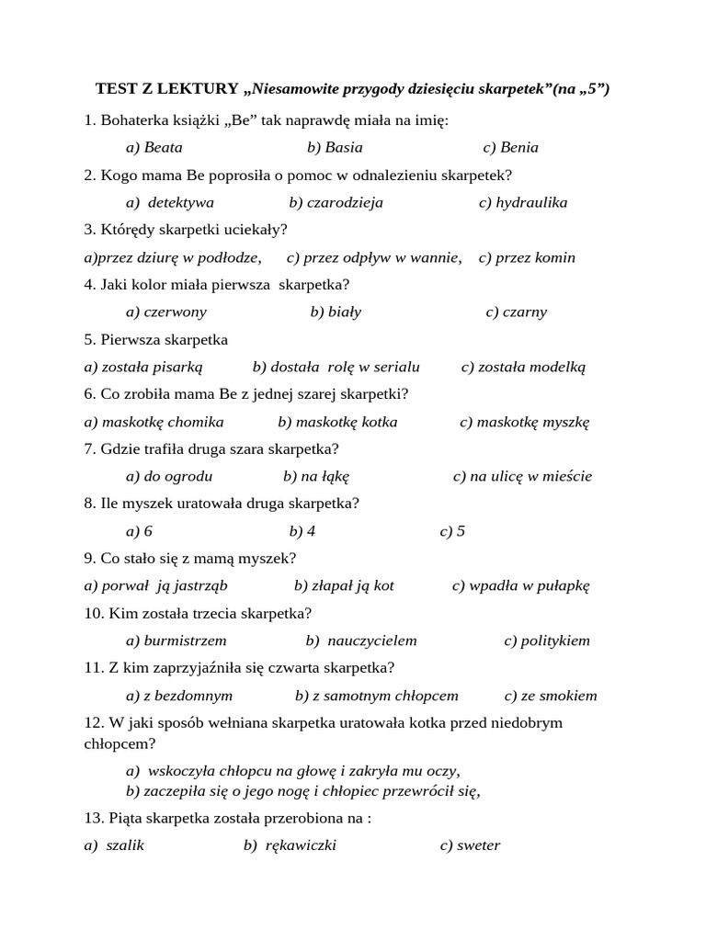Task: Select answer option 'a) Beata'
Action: [154, 147]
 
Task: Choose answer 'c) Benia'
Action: [510, 147]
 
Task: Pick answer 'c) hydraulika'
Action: [522, 202]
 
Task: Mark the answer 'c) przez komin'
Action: [527, 257]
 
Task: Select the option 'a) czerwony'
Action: [165, 312]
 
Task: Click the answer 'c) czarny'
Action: [516, 312]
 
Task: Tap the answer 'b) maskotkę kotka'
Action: [337, 422]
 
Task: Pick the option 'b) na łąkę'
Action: [316, 476]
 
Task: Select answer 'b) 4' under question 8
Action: [302, 531]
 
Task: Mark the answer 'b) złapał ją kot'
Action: [344, 585]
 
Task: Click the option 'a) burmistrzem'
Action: [176, 641]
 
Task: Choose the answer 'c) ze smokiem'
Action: [550, 696]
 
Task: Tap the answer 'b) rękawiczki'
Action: [290, 845]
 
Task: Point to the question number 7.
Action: [89, 448]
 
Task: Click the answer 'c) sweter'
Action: [470, 845]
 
